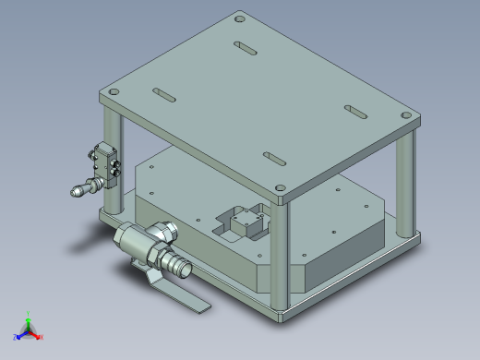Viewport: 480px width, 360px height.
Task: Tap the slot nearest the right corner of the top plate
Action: [x=355, y=110]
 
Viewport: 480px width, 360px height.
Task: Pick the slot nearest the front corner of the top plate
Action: [x=275, y=158]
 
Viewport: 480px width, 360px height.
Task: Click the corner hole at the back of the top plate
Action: [x=240, y=18]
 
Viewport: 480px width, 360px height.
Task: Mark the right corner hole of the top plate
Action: [x=406, y=115]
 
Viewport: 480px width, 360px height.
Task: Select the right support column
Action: [x=404, y=180]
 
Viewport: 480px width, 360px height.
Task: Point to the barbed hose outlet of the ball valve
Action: [x=179, y=267]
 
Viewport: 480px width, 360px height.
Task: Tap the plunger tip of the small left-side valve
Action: [x=77, y=192]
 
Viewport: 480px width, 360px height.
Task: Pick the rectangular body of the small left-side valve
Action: [x=106, y=162]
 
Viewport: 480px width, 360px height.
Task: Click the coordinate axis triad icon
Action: [x=28, y=329]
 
